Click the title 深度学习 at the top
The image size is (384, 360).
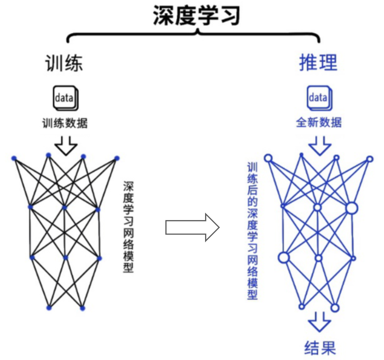click(196, 15)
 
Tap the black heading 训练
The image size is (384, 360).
click(64, 63)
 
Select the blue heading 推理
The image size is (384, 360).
click(318, 62)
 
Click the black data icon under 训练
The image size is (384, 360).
click(66, 98)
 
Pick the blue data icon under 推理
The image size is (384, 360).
click(319, 98)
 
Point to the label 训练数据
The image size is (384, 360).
click(65, 123)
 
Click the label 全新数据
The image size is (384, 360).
click(319, 122)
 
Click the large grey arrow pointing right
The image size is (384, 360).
click(192, 228)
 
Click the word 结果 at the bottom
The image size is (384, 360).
click(320, 347)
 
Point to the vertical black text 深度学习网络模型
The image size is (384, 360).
click(128, 226)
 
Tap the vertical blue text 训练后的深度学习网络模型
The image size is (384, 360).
click(252, 231)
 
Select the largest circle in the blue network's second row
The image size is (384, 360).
click(352, 208)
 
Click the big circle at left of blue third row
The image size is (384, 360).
click(284, 258)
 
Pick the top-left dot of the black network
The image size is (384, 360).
click(14, 159)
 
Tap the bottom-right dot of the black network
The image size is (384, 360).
click(83, 308)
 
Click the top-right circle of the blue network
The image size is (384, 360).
click(370, 159)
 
